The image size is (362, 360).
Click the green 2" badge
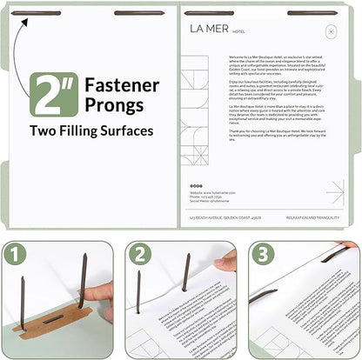(53, 95)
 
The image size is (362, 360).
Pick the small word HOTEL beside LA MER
(239, 30)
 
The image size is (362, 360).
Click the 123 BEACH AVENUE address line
(220, 217)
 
